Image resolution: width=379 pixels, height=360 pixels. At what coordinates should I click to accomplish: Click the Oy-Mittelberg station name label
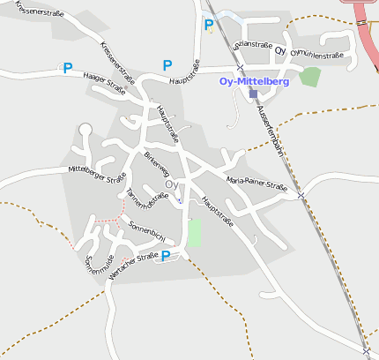[253, 81]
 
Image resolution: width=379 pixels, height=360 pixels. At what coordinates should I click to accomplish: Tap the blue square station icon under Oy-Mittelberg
[254, 94]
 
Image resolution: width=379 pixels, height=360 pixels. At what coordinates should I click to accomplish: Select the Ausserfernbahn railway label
[271, 133]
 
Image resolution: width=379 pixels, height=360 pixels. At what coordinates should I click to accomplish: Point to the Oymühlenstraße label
[316, 55]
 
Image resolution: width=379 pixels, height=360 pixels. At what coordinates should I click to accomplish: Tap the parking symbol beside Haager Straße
[68, 67]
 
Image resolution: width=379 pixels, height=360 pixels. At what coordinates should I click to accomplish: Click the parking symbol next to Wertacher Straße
[166, 256]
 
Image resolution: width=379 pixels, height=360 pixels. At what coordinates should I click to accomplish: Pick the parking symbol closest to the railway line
[209, 25]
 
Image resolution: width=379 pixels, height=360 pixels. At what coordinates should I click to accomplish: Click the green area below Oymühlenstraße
[309, 76]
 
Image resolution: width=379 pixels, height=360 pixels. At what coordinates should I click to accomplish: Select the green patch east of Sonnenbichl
[194, 233]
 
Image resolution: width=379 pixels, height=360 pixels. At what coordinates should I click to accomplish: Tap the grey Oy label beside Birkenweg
[172, 184]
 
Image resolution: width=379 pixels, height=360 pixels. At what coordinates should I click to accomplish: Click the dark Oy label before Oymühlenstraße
[280, 51]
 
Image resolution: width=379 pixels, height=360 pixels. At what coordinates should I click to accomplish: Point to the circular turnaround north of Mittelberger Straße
[85, 130]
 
